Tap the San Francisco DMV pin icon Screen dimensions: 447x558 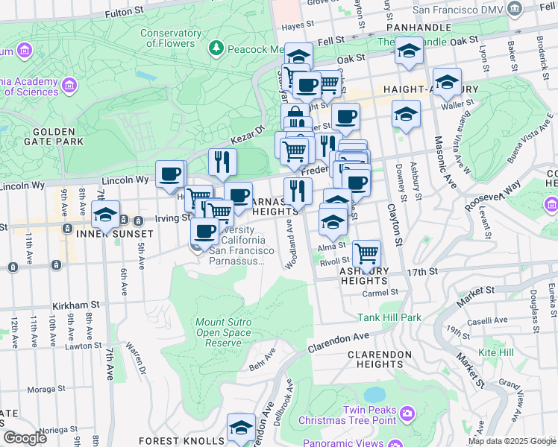(514, 9)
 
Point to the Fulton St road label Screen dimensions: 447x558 (124, 13)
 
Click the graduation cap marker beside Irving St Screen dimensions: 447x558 (105, 215)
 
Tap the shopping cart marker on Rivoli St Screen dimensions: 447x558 (366, 254)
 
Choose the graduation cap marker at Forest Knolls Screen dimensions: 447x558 (241, 428)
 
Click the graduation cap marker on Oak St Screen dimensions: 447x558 (408, 51)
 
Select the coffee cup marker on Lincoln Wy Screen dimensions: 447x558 (171, 174)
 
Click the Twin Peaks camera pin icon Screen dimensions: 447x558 (407, 413)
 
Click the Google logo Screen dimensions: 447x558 (25, 438)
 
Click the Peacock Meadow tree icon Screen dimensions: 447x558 (216, 48)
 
